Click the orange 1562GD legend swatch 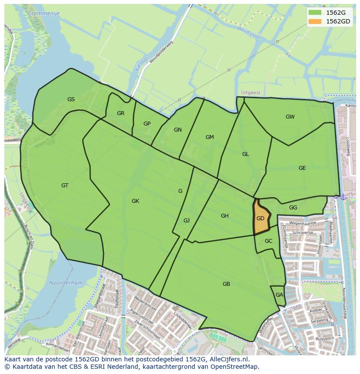(315, 21)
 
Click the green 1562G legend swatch (315, 12)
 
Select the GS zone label (71, 99)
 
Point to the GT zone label (65, 185)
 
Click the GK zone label (135, 201)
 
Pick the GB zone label (226, 284)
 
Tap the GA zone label (279, 295)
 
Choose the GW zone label (290, 117)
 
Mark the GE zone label (302, 168)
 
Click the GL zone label (246, 154)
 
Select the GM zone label (210, 137)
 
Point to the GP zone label (147, 124)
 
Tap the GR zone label (120, 113)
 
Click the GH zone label (224, 216)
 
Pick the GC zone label (268, 241)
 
